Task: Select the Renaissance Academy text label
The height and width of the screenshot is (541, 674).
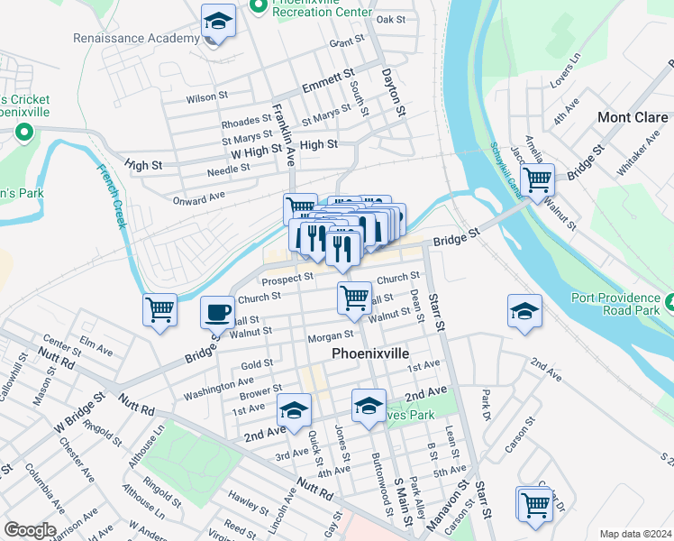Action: point(137,39)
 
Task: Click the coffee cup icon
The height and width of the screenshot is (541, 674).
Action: point(215,312)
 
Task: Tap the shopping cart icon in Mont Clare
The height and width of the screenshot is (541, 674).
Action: point(538,179)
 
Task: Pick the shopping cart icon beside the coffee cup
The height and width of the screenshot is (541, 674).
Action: point(159,310)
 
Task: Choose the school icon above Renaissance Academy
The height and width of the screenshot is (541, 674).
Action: point(217,21)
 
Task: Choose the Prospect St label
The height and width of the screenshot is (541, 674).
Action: point(288,279)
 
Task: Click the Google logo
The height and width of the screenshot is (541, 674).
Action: point(30,530)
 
